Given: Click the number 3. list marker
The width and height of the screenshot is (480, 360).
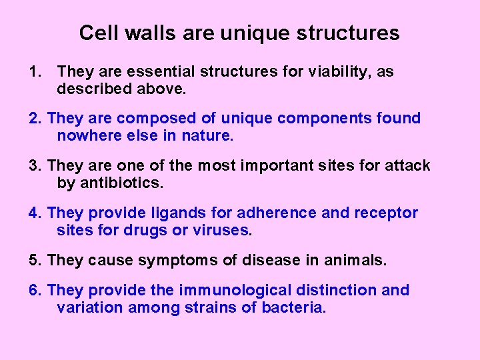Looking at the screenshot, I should tap(36, 165).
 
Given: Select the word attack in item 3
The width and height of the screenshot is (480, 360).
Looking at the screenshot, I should tap(407, 165).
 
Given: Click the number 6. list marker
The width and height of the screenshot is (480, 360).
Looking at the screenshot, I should tap(36, 290).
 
